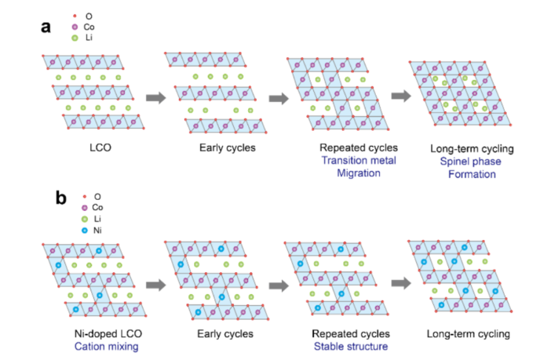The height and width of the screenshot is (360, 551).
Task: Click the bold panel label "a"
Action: pos(46,27)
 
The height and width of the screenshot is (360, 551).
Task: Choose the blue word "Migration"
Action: pos(350,173)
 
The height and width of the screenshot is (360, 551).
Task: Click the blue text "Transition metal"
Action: pos(350,160)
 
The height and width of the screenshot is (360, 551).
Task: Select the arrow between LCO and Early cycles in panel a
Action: pos(157,98)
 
